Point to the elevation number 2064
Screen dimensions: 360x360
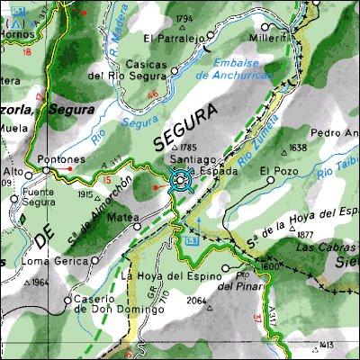[196, 301]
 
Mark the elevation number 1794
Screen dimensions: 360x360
[184, 18]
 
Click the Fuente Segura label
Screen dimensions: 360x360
[22, 196]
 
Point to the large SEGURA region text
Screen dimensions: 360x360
[185, 127]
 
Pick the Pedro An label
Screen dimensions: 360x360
[333, 133]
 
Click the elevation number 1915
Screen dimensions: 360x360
[86, 193]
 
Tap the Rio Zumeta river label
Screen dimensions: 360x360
[251, 148]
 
